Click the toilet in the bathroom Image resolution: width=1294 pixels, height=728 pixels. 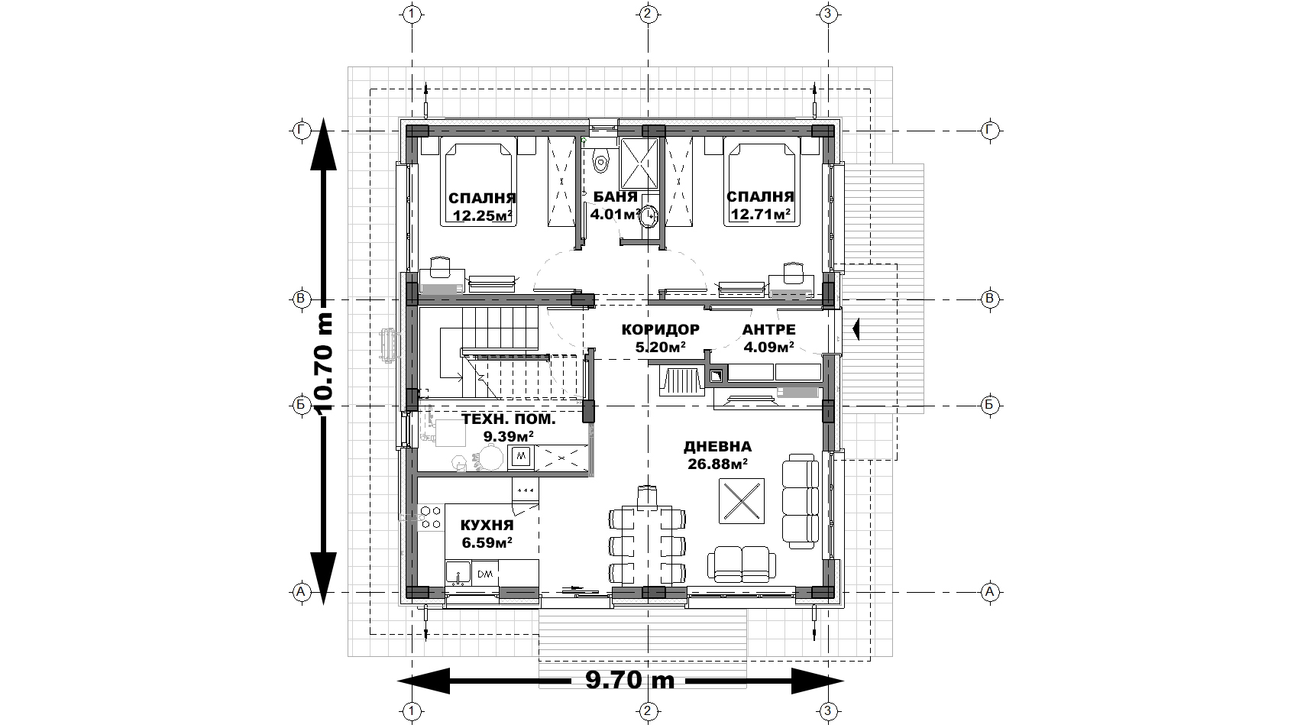[x=601, y=159]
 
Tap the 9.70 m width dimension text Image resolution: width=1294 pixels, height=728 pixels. [x=629, y=680]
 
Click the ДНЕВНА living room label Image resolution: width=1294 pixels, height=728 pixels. [x=718, y=447]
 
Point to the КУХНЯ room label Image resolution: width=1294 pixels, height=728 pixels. [x=487, y=526]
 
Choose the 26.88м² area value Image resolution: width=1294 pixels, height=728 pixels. [x=718, y=464]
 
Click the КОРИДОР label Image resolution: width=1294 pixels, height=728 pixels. [x=660, y=329]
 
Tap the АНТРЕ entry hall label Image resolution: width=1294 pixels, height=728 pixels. [x=769, y=329]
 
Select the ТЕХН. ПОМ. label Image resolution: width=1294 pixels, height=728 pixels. [x=509, y=419]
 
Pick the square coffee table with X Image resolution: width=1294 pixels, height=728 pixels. [x=741, y=500]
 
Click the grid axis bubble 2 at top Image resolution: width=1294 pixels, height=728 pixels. [x=647, y=14]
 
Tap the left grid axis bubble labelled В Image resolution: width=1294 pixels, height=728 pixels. [x=300, y=299]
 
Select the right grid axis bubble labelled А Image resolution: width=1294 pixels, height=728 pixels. [x=990, y=592]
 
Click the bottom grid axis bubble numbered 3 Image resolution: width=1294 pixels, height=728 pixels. [x=828, y=710]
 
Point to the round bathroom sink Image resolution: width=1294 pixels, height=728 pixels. [x=651, y=215]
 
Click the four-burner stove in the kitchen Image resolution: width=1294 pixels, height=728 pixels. [x=429, y=517]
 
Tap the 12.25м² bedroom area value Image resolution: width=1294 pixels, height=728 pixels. [x=483, y=216]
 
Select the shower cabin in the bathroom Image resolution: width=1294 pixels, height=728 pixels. [x=639, y=163]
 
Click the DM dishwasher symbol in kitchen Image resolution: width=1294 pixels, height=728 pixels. [x=485, y=574]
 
